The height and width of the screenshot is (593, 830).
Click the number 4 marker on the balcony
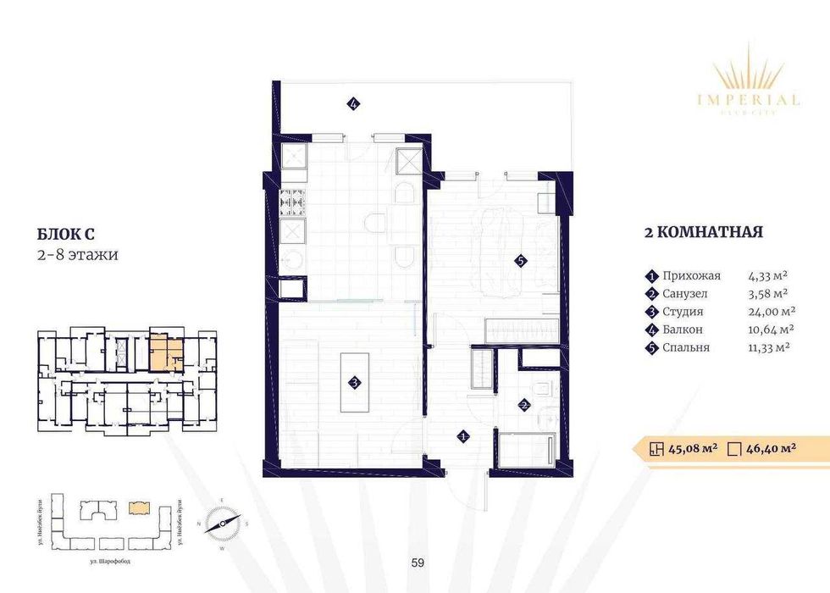tap(353, 104)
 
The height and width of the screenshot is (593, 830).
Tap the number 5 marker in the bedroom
tap(521, 262)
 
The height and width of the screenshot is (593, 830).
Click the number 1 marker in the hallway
tap(463, 436)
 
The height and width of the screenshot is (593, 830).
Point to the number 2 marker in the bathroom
tap(524, 406)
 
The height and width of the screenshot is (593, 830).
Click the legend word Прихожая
tap(693, 275)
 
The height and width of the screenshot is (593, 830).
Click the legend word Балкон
tap(684, 330)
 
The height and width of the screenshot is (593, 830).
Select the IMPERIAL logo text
tap(748, 100)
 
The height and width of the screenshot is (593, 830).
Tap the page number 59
tap(416, 561)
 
